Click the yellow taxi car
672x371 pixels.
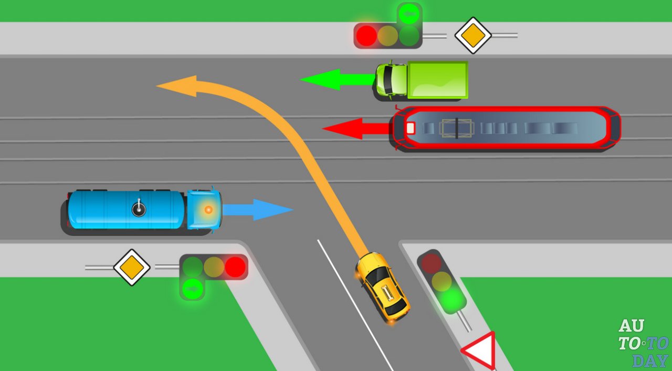coord(382,287)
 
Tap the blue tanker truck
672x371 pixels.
coord(142,210)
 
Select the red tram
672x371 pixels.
coord(504,129)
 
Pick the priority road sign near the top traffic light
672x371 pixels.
coord(472,36)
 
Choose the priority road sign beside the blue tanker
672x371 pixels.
coord(132,267)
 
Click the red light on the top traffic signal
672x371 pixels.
coord(366,36)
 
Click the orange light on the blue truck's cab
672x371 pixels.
coord(208,210)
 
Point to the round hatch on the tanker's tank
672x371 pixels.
coord(139,210)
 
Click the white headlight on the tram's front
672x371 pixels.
coord(410,128)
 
